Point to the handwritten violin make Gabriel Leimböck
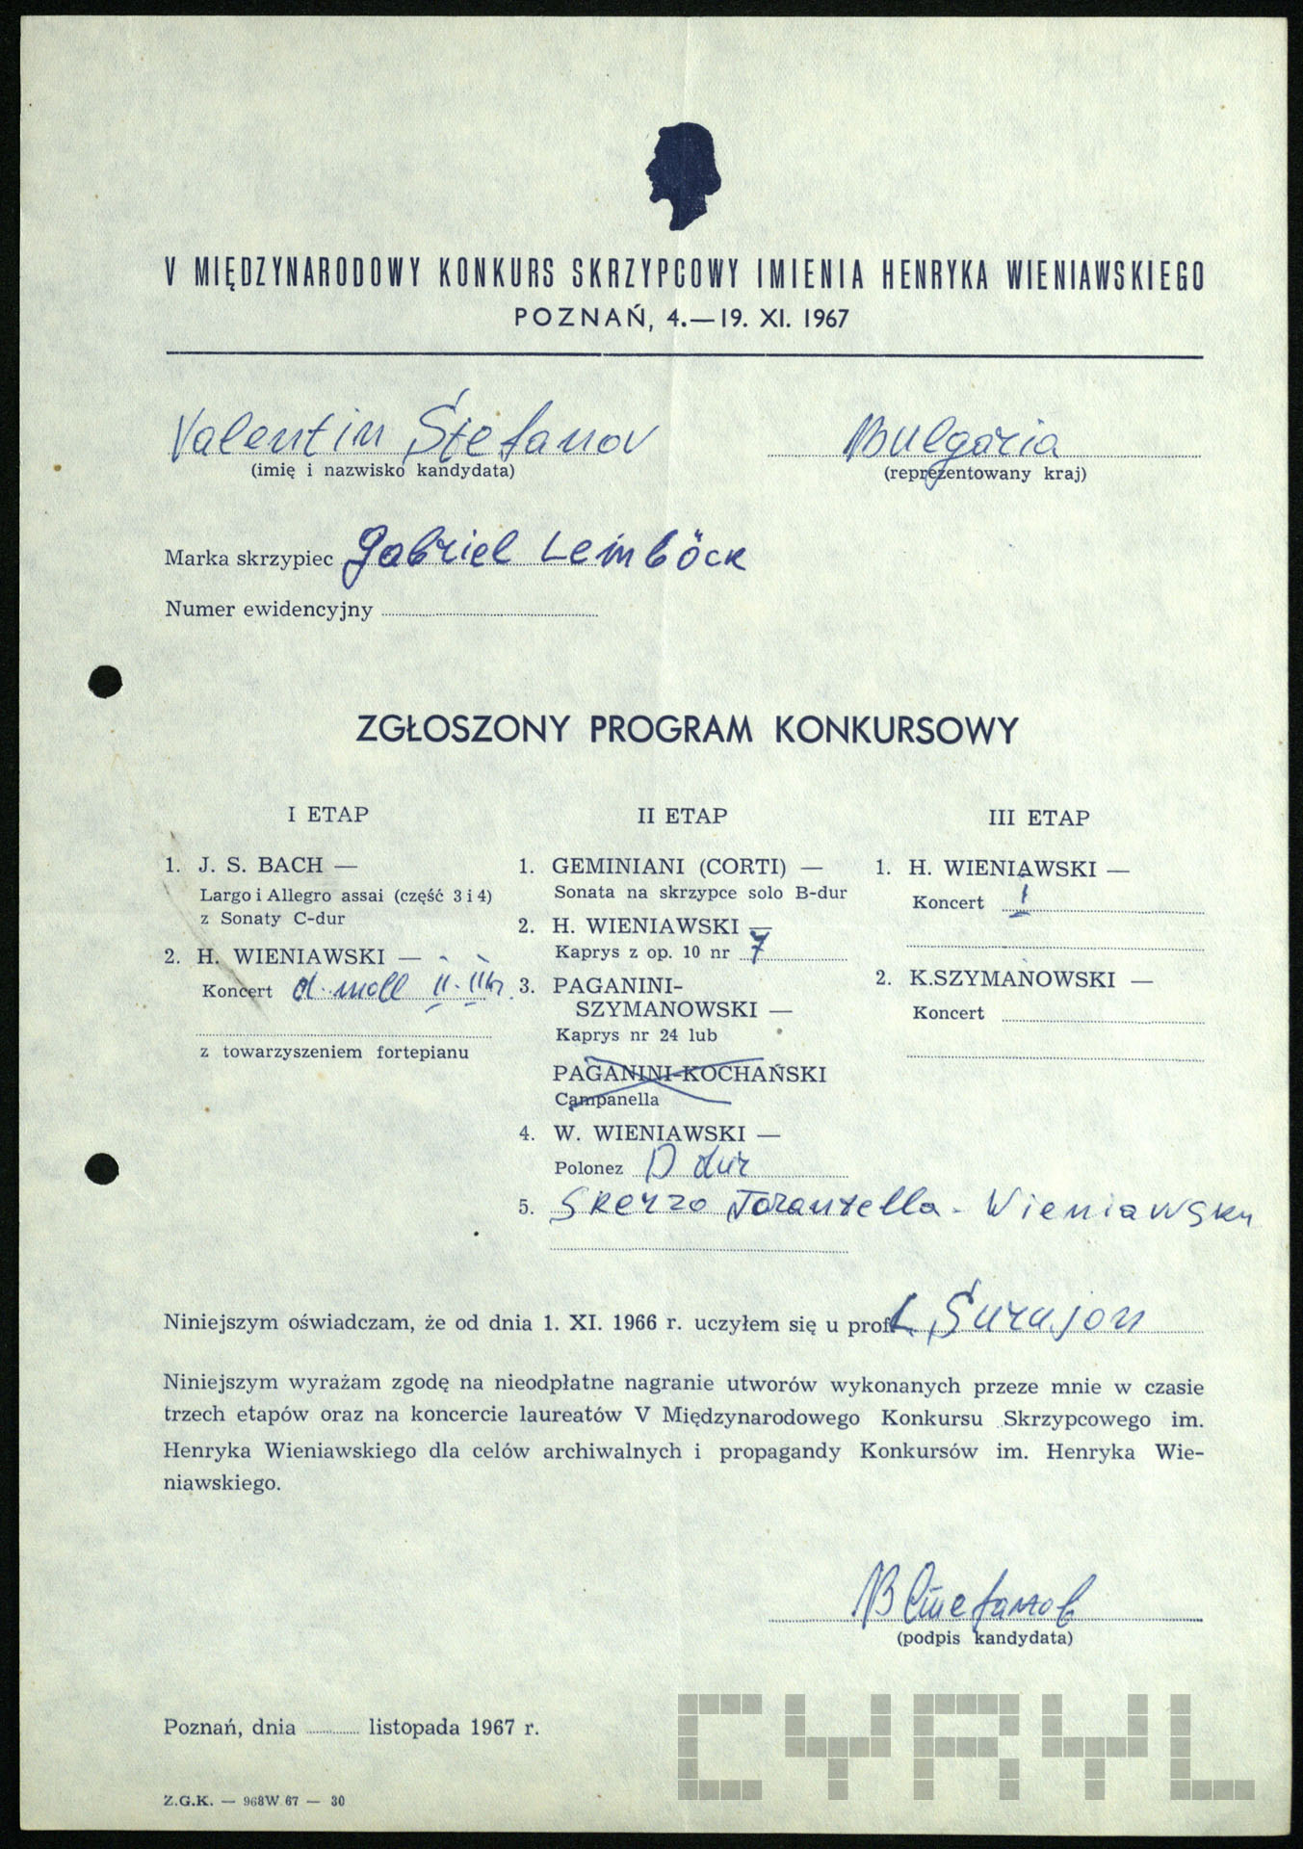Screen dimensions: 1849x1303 544,552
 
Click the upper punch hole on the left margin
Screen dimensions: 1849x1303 104,682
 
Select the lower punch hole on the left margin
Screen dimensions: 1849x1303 103,1168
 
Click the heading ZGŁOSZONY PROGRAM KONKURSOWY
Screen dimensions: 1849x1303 687,730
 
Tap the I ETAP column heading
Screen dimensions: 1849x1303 327,815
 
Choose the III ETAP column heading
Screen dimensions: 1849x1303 1038,819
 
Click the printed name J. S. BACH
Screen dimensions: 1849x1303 261,865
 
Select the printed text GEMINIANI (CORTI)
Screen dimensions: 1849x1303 668,867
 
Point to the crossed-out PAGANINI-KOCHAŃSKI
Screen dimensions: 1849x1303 690,1074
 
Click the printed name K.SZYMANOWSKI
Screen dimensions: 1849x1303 1012,980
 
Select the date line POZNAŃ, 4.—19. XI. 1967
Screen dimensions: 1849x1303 682,318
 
